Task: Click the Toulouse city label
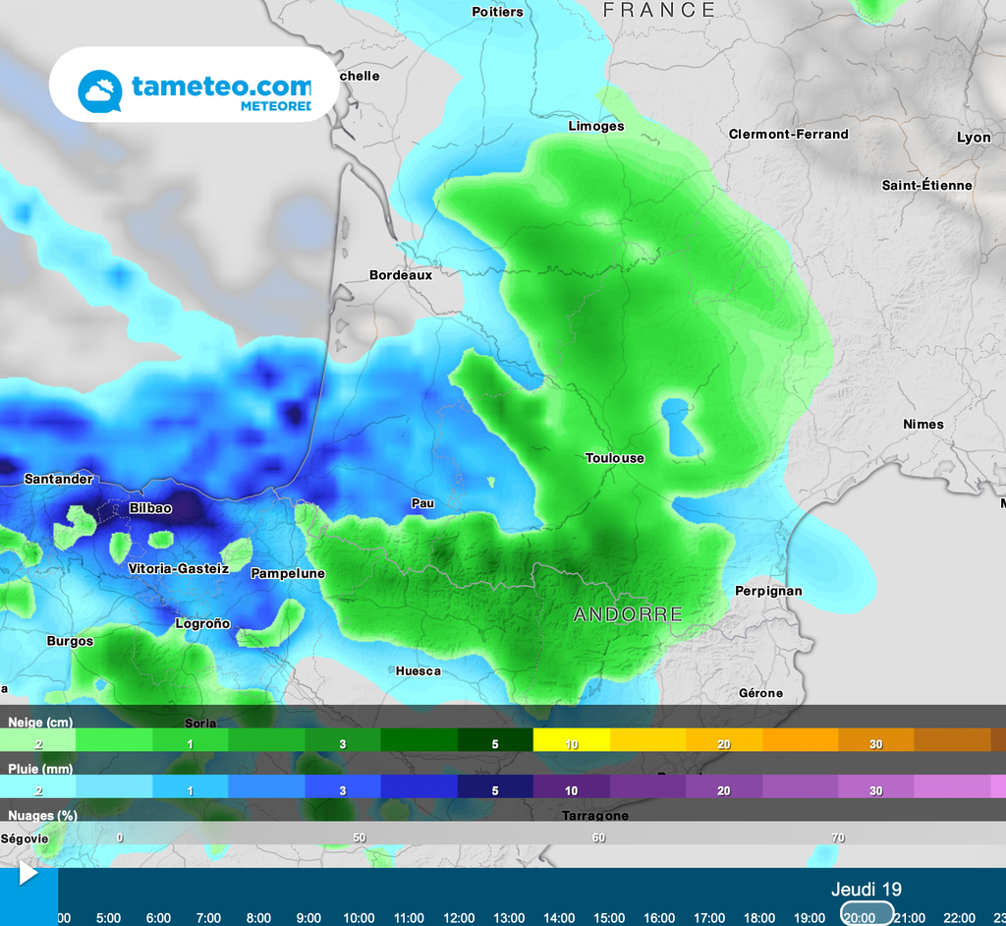615,458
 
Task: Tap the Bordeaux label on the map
401,275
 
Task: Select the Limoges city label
596,126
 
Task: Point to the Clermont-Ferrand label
788,134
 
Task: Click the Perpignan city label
768,591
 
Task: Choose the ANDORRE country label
628,614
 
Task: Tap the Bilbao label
150,508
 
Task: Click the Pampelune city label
288,573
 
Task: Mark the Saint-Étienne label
926,185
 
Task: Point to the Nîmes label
923,425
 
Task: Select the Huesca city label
418,671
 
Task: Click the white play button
28,872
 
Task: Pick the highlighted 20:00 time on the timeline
859,917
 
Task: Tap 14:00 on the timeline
559,917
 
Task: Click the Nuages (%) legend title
43,815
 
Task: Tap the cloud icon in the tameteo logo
100,91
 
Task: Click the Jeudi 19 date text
866,890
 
